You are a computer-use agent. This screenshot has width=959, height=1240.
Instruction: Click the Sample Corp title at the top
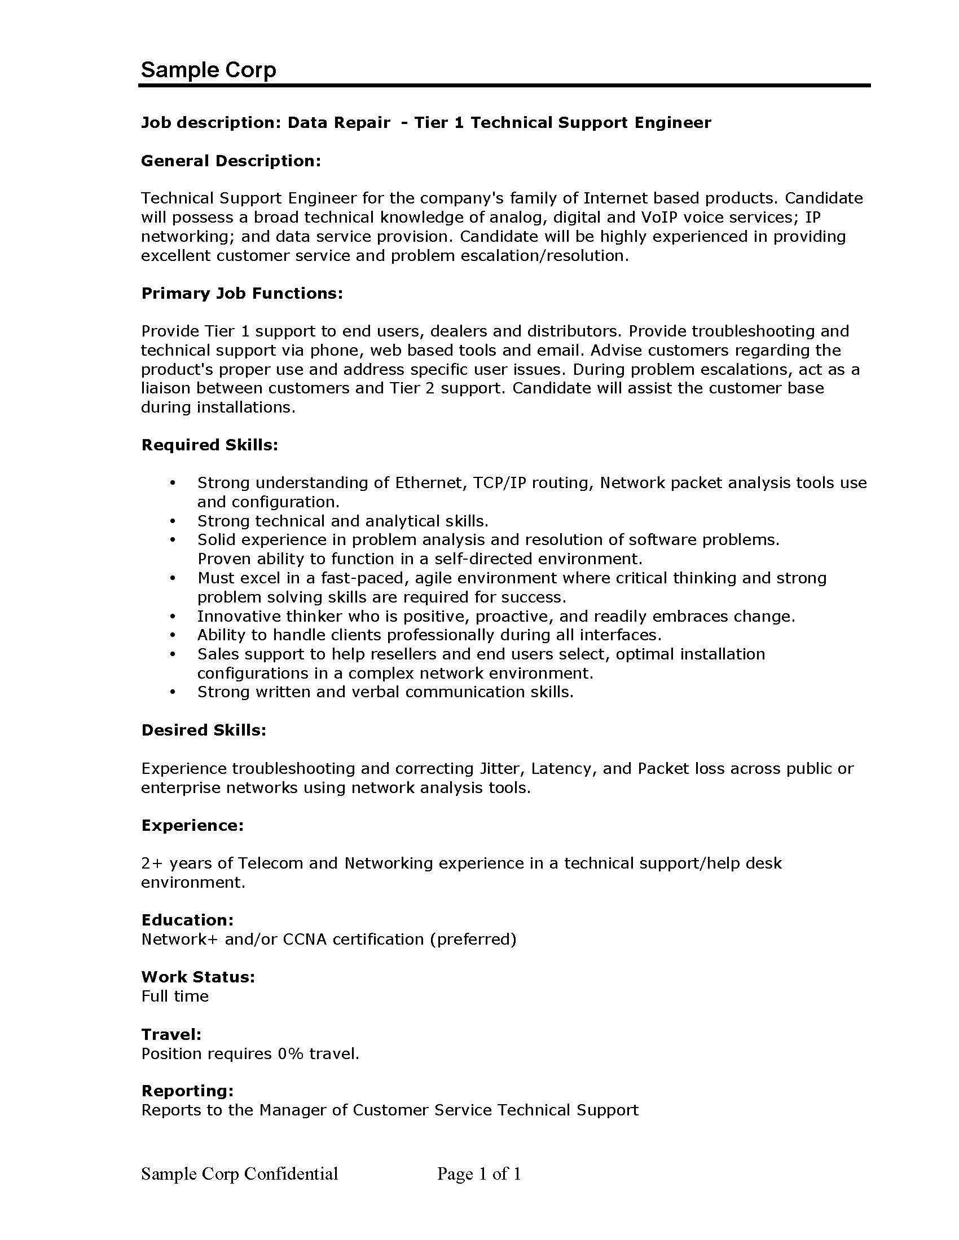[208, 70]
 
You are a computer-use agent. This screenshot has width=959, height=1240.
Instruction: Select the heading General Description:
[231, 161]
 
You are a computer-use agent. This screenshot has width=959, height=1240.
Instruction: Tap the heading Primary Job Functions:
[242, 294]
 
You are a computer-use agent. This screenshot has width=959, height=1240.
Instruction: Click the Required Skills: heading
[210, 445]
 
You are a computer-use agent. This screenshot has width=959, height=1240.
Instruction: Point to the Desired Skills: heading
[204, 730]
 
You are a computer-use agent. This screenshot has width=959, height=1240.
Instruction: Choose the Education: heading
[187, 920]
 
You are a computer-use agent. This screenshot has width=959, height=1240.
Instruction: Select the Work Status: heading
[197, 977]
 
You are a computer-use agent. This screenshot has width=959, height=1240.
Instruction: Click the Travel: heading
[171, 1034]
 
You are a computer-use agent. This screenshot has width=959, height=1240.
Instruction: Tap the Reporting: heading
[187, 1091]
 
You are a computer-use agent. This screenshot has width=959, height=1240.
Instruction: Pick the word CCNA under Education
[305, 939]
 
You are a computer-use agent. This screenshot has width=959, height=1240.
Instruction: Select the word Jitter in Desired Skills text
[496, 768]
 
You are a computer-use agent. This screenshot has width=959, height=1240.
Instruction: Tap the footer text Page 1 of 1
[479, 1173]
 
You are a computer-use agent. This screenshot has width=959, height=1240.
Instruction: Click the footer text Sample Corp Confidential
[239, 1173]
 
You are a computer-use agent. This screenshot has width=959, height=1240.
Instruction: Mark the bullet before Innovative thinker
[172, 617]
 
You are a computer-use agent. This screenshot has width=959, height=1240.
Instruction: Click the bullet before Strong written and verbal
[172, 692]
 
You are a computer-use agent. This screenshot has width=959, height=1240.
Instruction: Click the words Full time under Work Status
[175, 997]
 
